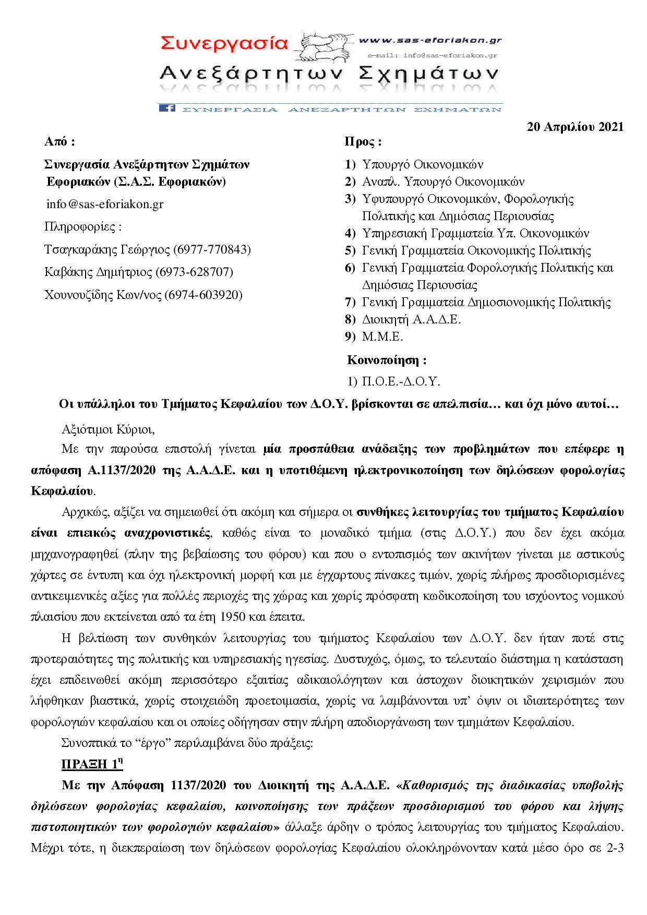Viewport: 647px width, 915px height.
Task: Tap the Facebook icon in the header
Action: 166,108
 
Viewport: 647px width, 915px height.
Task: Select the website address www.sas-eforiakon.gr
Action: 430,40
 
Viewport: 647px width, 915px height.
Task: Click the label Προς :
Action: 363,142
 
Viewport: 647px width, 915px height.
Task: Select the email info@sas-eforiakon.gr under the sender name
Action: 105,204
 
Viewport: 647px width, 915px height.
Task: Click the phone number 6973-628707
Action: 196,272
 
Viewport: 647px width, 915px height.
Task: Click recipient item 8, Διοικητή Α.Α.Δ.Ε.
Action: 411,319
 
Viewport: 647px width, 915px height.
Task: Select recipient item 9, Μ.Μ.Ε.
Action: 382,336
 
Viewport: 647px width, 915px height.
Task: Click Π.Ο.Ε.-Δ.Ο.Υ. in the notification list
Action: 401,382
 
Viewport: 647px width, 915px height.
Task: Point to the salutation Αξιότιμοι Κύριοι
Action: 108,430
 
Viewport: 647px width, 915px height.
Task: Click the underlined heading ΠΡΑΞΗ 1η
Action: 92,765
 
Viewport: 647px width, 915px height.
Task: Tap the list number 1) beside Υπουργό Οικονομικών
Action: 350,165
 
